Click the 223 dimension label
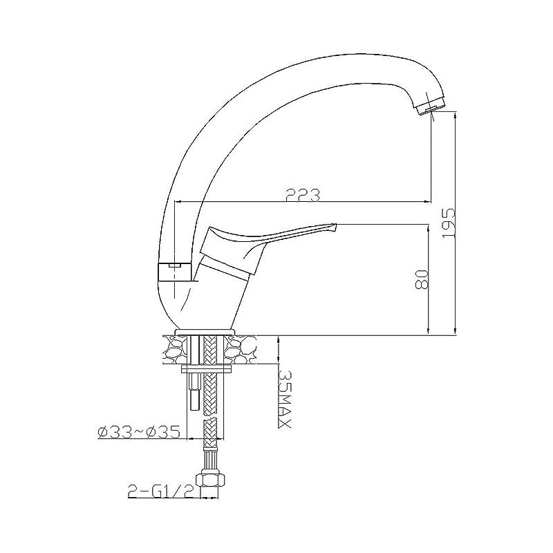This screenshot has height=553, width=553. click(303, 194)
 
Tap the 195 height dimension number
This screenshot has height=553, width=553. click(448, 223)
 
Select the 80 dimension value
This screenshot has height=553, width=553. click(422, 279)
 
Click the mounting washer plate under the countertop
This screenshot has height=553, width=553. click(205, 369)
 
